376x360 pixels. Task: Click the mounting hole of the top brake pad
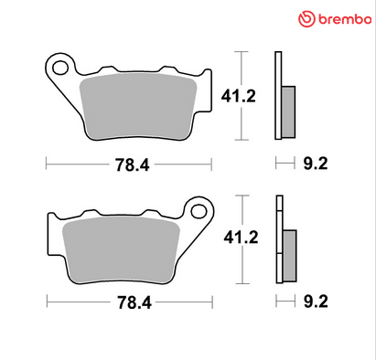coord(61,67)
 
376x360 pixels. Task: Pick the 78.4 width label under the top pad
coord(129,165)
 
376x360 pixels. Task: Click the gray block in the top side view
coord(288,111)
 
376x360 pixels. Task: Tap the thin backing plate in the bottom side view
coord(278,238)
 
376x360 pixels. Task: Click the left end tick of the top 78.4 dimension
coord(46,164)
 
